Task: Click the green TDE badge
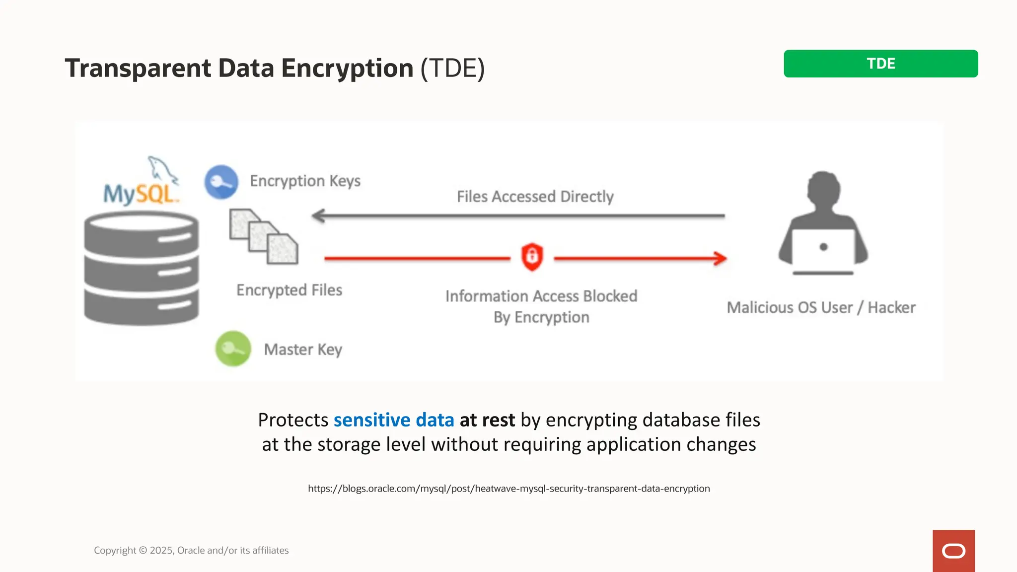[x=880, y=64]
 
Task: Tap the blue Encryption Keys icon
[x=221, y=182]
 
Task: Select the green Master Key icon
[x=233, y=349]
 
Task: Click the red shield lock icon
[x=532, y=257]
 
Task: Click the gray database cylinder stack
[x=142, y=268]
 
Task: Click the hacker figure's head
[x=823, y=188]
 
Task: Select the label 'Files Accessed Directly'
[x=535, y=197]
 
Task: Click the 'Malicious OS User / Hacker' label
[x=821, y=308]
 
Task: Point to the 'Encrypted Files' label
[x=289, y=290]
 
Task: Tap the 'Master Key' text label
[x=303, y=350]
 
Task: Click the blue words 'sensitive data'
[x=394, y=420]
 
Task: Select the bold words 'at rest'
[x=487, y=420]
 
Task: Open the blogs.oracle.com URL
[x=508, y=489]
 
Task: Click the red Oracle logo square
[x=953, y=551]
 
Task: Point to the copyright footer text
[x=191, y=550]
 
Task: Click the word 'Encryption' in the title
[x=347, y=68]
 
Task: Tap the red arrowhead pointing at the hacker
[x=720, y=258]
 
